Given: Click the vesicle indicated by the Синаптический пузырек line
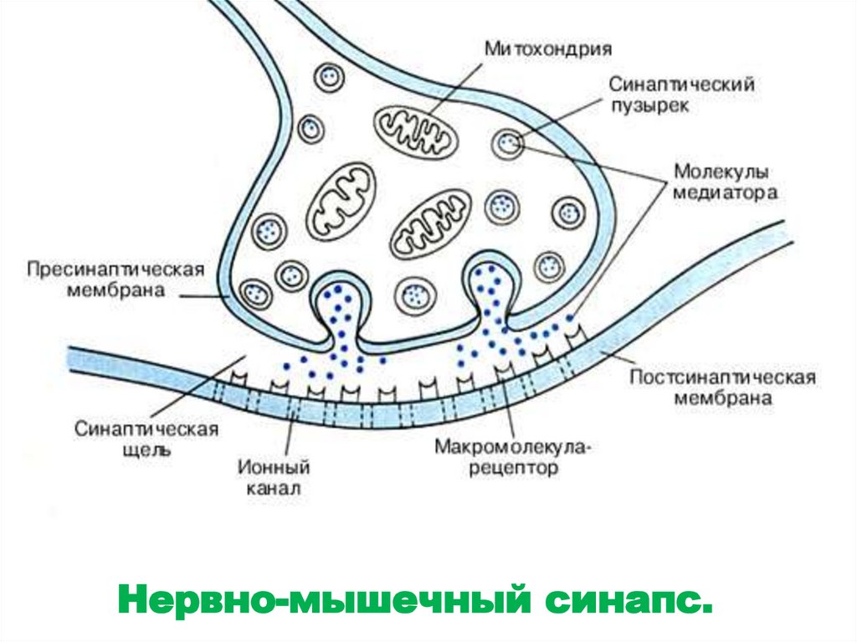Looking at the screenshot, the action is click(507, 143).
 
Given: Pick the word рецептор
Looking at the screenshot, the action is click(511, 469).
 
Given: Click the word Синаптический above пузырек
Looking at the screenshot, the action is click(682, 85).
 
